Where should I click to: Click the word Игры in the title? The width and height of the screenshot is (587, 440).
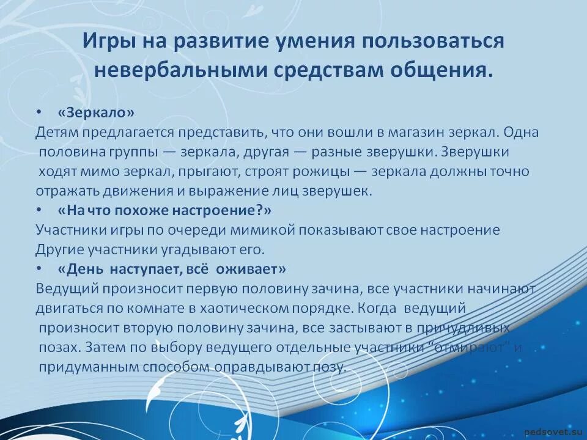tap(108, 42)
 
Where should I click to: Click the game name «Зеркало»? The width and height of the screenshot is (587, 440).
tap(95, 113)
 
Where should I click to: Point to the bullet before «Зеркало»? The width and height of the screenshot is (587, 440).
tap(39, 113)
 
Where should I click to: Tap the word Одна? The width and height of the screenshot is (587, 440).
tap(523, 133)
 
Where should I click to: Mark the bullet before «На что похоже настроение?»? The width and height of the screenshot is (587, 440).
tap(39, 210)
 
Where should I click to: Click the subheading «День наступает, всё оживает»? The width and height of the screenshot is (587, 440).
tap(172, 269)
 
